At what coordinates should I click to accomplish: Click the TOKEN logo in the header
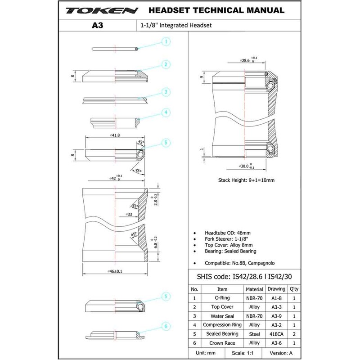point(102,11)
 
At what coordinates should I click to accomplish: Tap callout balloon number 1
point(166,41)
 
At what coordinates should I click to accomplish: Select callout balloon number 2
point(166,64)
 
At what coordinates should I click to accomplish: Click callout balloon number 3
point(166,92)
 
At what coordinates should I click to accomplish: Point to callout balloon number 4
point(166,112)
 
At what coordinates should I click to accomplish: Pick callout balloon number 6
point(166,326)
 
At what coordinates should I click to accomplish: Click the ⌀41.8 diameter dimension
point(115,135)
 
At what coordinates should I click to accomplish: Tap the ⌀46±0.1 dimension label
point(115,271)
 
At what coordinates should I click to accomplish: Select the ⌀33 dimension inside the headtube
point(129,215)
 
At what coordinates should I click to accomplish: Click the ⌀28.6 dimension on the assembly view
point(245,60)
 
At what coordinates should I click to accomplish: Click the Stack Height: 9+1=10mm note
point(246,180)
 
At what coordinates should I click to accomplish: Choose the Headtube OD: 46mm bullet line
point(228,233)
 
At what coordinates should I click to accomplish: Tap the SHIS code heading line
point(244,277)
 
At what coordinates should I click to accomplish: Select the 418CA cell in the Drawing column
point(276,334)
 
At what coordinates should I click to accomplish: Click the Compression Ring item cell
point(222,325)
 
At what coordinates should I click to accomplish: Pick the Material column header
point(254,289)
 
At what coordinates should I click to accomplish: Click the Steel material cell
point(254,334)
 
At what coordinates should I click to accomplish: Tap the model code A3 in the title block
point(97,25)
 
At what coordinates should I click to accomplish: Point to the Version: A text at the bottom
point(281,353)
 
